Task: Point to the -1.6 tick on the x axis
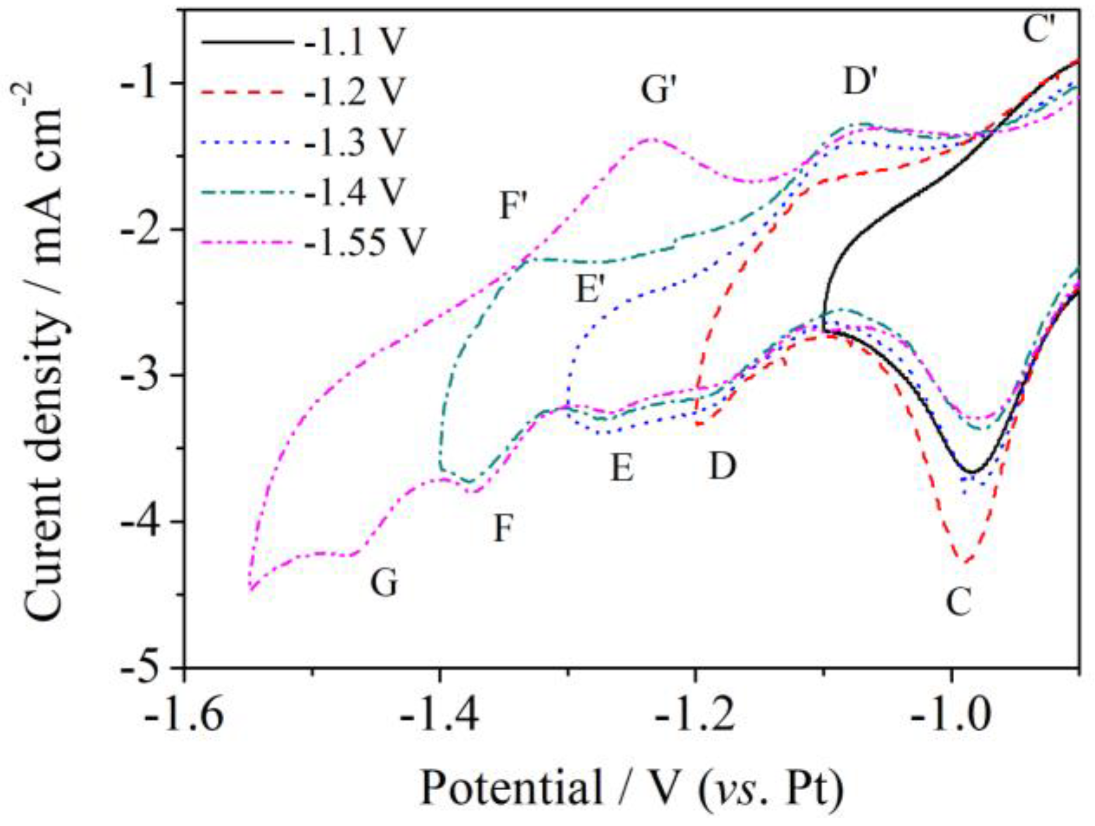184,715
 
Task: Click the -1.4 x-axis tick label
440,715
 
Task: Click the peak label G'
658,90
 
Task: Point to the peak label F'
513,206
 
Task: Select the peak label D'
860,81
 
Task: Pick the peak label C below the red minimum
959,602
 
